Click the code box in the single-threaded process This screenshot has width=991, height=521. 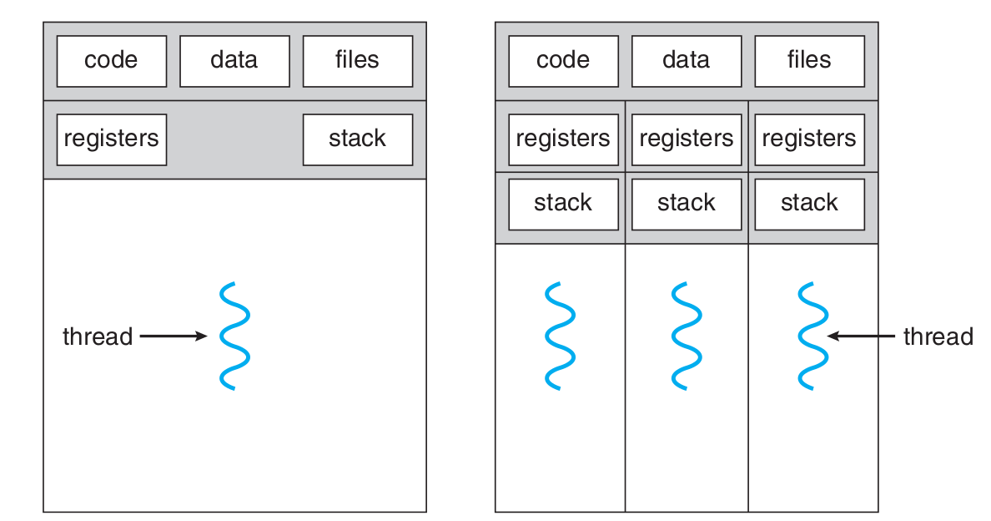pos(111,61)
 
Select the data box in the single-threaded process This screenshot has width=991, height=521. pos(234,61)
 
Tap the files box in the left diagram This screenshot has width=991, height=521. pos(357,61)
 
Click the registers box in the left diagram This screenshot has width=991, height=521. pos(111,139)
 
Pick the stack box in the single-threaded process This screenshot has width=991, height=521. pos(357,139)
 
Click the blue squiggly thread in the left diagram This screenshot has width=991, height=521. pos(235,336)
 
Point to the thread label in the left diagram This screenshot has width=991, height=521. pos(98,337)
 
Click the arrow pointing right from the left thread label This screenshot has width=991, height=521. pos(173,336)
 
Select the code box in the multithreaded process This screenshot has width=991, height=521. pos(563,61)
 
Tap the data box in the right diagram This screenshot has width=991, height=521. pos(686,61)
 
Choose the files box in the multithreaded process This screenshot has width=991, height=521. pos(809,61)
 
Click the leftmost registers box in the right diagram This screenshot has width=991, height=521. pos(563,139)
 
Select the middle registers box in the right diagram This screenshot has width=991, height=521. pos(686,139)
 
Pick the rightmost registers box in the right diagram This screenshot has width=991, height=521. pos(809,139)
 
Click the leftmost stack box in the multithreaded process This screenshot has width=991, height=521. pos(563,204)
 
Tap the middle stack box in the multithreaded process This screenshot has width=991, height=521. pos(686,204)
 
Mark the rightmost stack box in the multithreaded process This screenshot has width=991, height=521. pos(809,204)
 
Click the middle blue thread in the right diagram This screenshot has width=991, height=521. pos(686,336)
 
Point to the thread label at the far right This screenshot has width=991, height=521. pos(938,337)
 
